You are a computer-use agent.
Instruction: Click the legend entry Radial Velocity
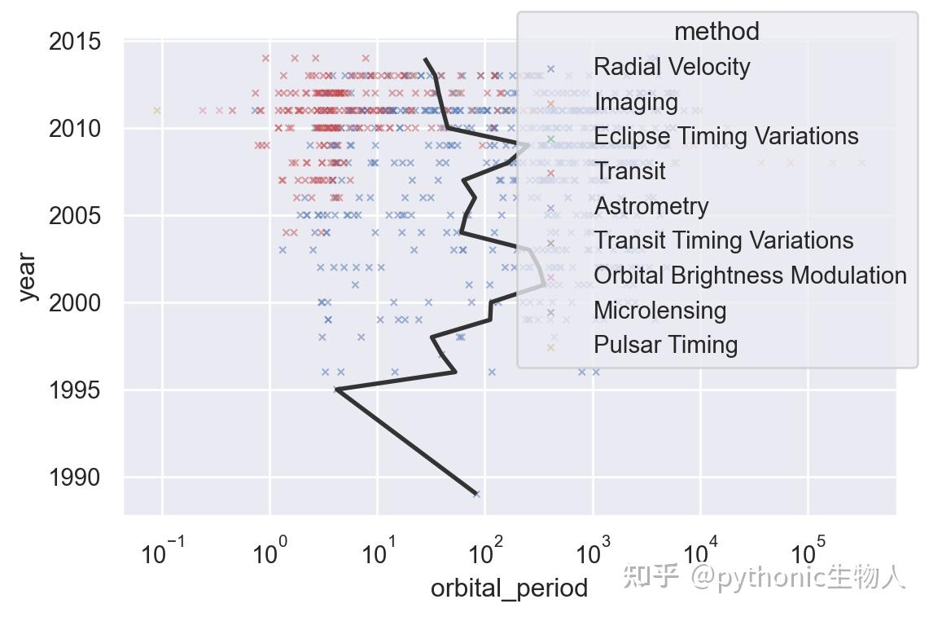pyautogui.click(x=672, y=67)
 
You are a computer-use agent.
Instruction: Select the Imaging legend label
pyautogui.click(x=636, y=102)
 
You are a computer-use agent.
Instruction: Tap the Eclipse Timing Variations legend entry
pyautogui.click(x=725, y=136)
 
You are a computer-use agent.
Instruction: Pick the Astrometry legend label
pyautogui.click(x=651, y=206)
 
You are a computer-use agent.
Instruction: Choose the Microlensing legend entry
pyautogui.click(x=660, y=311)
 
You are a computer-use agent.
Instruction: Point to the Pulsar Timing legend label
pyautogui.click(x=665, y=345)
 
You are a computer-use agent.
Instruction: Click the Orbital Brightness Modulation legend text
pyautogui.click(x=750, y=275)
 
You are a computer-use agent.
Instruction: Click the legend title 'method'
pyautogui.click(x=716, y=32)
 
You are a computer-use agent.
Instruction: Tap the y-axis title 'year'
pyautogui.click(x=27, y=277)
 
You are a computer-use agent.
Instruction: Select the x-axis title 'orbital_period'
pyautogui.click(x=509, y=588)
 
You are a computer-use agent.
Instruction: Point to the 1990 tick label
pyautogui.click(x=75, y=478)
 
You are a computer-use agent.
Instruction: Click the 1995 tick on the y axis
pyautogui.click(x=75, y=390)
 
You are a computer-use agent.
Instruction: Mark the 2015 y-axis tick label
pyautogui.click(x=75, y=42)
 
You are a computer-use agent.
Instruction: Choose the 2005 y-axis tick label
pyautogui.click(x=75, y=216)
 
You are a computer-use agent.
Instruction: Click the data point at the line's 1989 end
pyautogui.click(x=476, y=494)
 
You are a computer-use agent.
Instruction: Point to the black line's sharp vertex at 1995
pyautogui.click(x=336, y=390)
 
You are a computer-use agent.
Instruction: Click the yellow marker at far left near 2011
pyautogui.click(x=157, y=110)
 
